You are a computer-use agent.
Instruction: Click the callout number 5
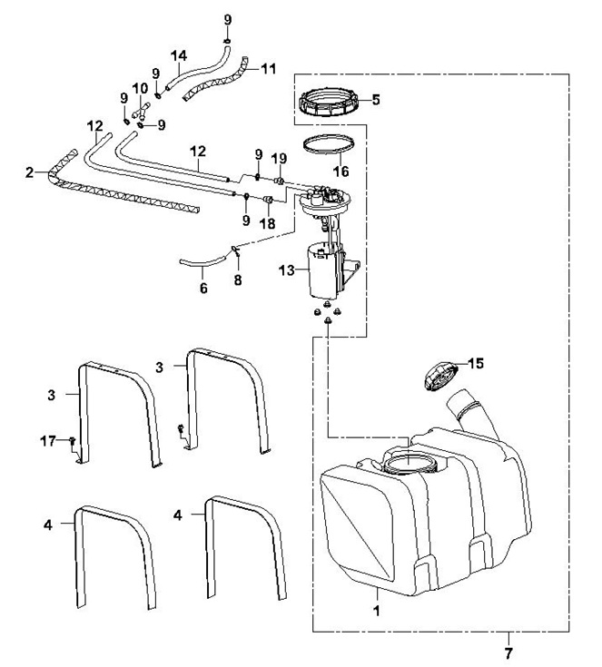pos(376,100)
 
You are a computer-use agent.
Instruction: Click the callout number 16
pos(341,171)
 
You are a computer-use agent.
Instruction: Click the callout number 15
pos(476,363)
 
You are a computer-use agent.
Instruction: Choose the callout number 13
pos(286,270)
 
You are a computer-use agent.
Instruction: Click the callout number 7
pos(508,652)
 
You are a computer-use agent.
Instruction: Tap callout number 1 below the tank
pos(376,611)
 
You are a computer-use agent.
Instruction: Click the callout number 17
pos(48,441)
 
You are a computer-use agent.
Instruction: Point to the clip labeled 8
pos(235,250)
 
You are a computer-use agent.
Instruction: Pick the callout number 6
pos(203,288)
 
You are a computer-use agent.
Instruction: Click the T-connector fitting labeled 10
pos(141,111)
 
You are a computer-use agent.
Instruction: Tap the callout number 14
pos(179,55)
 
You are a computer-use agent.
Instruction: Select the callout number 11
pos(268,68)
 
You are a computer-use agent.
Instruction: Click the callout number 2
pos(29,172)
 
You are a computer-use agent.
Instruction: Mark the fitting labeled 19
pos(280,181)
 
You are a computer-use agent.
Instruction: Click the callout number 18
pos(267,223)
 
